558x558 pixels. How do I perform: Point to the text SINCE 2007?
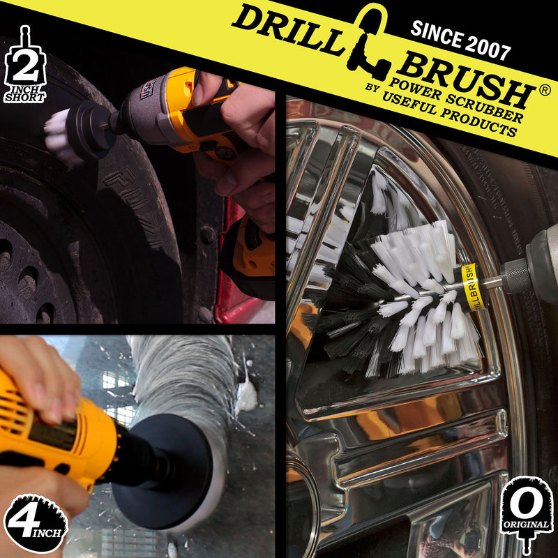click(460, 40)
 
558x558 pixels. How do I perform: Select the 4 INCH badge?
click(35, 523)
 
